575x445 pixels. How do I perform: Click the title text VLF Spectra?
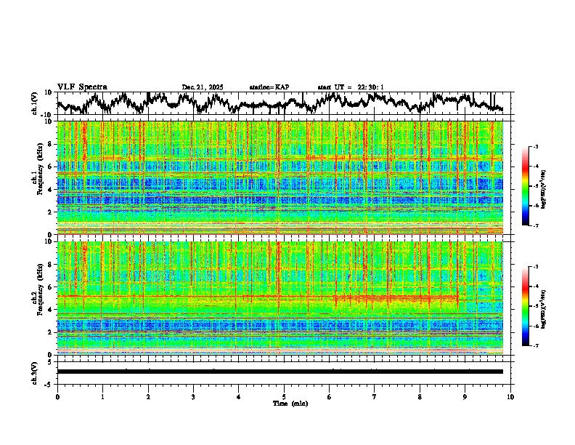pyautogui.click(x=82, y=87)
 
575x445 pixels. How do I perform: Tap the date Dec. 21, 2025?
pyautogui.click(x=203, y=87)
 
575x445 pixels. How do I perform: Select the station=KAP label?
pyautogui.click(x=269, y=87)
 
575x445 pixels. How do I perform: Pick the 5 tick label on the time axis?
pyautogui.click(x=284, y=396)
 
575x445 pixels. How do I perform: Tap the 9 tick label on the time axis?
pyautogui.click(x=465, y=396)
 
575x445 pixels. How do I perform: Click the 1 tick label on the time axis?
pyautogui.click(x=102, y=396)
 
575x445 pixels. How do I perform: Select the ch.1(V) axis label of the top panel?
pyautogui.click(x=34, y=103)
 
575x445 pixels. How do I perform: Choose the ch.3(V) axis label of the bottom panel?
pyautogui.click(x=34, y=371)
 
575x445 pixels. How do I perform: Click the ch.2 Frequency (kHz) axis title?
pyautogui.click(x=36, y=298)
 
